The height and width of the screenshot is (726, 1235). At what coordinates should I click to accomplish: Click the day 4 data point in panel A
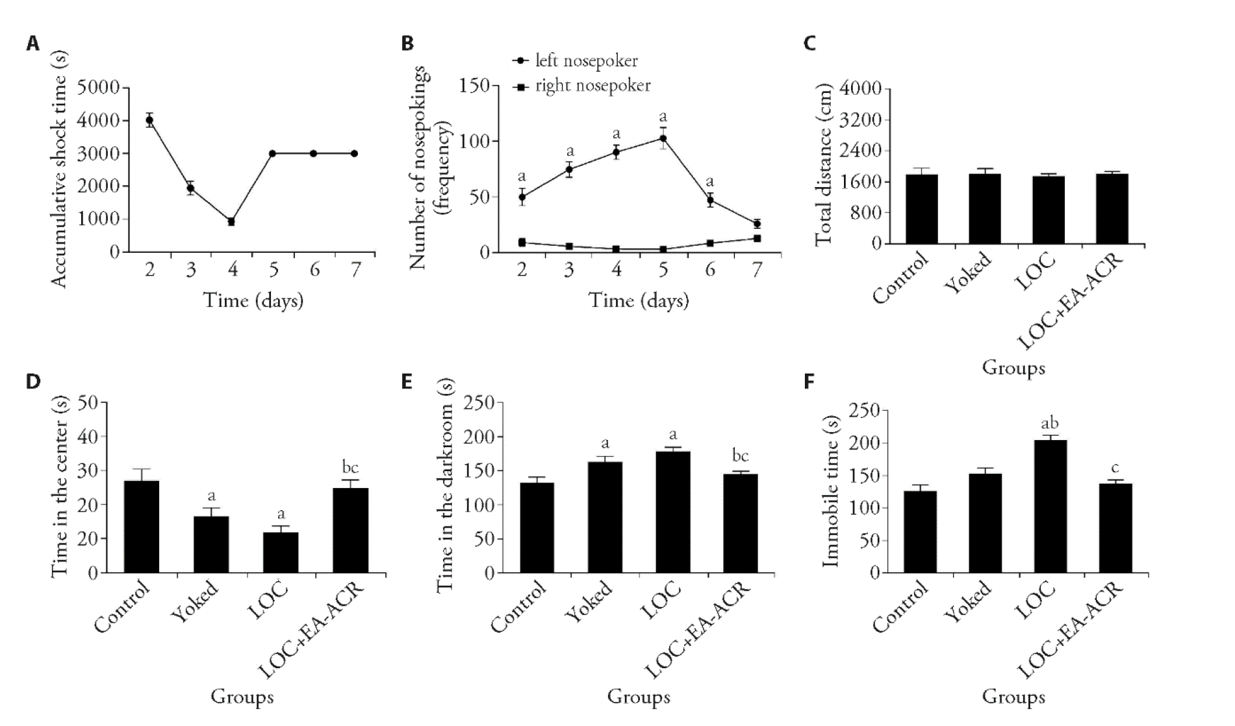pyautogui.click(x=231, y=222)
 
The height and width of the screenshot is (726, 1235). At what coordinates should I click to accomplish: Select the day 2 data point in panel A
pyautogui.click(x=150, y=120)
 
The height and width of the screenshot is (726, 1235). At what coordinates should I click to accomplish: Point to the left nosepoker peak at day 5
pyautogui.click(x=663, y=138)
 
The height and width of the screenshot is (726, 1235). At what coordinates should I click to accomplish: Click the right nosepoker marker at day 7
pyautogui.click(x=757, y=239)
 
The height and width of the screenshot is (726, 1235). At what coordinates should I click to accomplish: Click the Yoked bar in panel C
pyautogui.click(x=984, y=209)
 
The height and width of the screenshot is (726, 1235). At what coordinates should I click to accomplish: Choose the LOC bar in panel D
pyautogui.click(x=281, y=552)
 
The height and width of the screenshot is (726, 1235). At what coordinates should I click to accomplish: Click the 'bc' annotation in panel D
pyautogui.click(x=350, y=467)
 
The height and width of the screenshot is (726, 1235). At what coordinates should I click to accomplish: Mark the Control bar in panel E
pyautogui.click(x=537, y=527)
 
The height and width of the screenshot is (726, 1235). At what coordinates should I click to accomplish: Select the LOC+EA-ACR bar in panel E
pyautogui.click(x=740, y=523)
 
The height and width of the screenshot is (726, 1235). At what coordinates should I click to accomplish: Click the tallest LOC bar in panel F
pyautogui.click(x=1050, y=506)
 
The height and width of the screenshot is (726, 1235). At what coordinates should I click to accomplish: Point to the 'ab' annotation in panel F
pyautogui.click(x=1050, y=424)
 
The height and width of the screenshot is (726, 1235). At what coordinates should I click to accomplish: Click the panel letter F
pyautogui.click(x=809, y=382)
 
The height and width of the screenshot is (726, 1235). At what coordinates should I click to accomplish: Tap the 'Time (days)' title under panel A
pyautogui.click(x=253, y=300)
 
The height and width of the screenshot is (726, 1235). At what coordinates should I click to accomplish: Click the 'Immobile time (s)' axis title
pyautogui.click(x=830, y=491)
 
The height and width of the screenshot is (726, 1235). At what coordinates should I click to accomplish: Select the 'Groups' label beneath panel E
pyautogui.click(x=638, y=697)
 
